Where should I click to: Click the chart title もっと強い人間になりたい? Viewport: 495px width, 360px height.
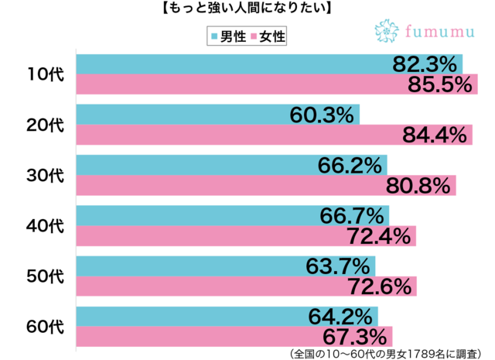coord(247,9)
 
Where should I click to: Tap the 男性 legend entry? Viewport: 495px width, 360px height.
coord(229,36)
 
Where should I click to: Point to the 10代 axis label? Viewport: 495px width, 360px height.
coord(45,74)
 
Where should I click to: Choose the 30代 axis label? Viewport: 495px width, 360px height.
coord(45,175)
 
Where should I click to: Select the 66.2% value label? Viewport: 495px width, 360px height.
coord(350,165)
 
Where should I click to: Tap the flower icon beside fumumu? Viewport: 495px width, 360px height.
coord(386,31)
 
